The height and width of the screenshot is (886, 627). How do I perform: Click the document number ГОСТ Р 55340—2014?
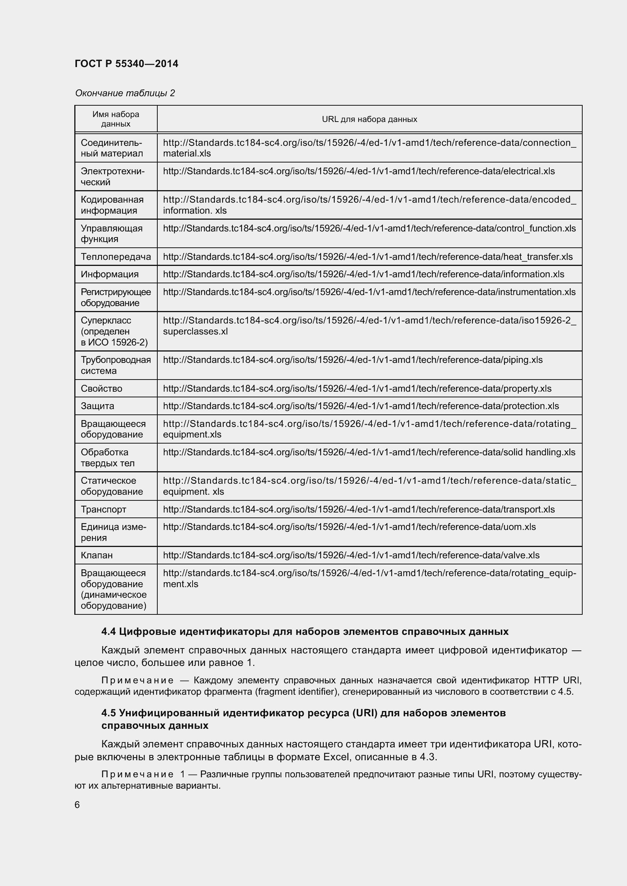tap(126, 64)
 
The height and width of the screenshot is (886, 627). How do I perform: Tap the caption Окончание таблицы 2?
tap(125, 93)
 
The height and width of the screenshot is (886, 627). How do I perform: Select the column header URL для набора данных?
tap(369, 119)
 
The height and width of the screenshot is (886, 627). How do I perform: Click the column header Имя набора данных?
tap(116, 119)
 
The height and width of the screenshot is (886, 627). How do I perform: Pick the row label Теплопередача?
tap(116, 256)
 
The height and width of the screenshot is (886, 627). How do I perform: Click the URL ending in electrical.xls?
tap(358, 171)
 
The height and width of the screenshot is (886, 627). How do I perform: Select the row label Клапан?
tap(97, 555)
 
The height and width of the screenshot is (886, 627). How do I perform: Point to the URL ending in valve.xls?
tap(351, 555)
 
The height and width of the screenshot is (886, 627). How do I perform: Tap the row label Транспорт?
tap(103, 509)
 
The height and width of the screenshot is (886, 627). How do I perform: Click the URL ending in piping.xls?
tap(353, 359)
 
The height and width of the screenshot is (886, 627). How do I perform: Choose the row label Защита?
tap(97, 406)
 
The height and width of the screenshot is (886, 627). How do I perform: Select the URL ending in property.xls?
tap(357, 389)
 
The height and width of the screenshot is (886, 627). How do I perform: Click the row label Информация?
tap(109, 274)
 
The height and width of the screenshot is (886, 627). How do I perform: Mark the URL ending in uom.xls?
tap(349, 527)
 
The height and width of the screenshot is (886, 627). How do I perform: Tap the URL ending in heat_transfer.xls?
tap(368, 256)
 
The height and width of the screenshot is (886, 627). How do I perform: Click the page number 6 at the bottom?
tap(77, 805)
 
